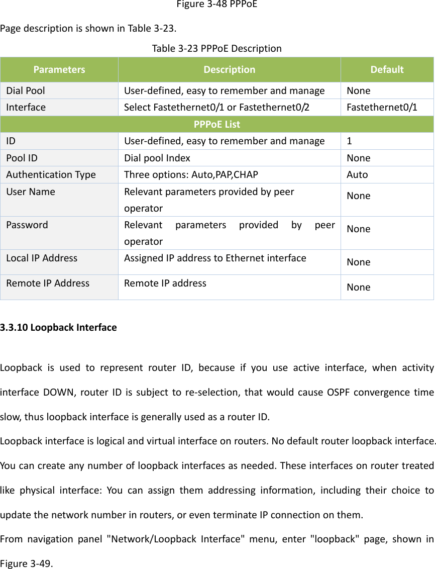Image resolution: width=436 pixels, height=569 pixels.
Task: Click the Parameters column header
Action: [59, 69]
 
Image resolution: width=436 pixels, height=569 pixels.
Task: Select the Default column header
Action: [386, 69]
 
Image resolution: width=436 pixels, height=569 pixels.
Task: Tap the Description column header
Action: [229, 69]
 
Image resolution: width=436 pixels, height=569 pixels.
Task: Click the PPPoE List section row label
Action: [217, 124]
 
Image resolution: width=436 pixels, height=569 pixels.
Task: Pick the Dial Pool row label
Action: [26, 91]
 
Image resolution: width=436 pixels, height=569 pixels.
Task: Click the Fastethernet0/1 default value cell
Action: [381, 108]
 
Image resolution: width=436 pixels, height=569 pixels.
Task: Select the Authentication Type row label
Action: [51, 175]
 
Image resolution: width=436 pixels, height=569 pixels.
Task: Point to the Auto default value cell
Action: [357, 175]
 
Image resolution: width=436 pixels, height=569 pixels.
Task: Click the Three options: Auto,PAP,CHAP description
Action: [191, 175]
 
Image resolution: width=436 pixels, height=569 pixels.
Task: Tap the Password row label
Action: [27, 225]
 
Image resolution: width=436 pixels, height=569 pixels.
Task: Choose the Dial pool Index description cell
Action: [157, 158]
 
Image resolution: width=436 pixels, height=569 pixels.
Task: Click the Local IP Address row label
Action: [42, 258]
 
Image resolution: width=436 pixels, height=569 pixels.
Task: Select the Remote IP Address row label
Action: [48, 283]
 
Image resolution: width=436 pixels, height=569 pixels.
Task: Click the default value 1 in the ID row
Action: [349, 141]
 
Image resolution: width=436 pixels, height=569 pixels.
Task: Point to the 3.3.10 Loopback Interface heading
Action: [58, 327]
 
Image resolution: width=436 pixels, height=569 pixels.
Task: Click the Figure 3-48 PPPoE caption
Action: [217, 6]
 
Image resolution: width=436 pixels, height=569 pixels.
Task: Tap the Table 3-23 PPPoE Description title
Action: [216, 49]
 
